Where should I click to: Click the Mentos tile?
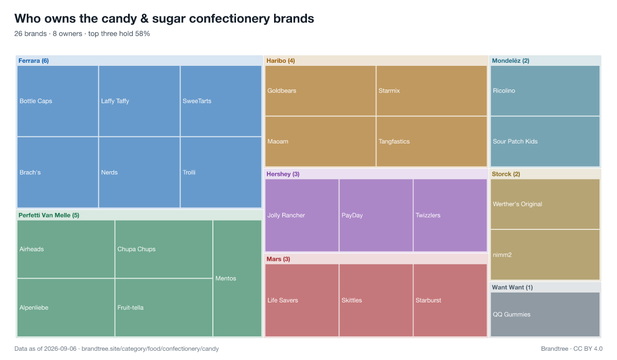(x=237, y=278)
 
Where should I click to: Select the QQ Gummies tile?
(x=545, y=314)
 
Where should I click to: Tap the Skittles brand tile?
(x=376, y=300)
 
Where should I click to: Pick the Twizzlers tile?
(x=450, y=215)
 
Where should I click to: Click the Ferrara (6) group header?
(x=33, y=61)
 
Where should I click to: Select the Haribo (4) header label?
(x=280, y=61)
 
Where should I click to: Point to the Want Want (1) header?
(x=512, y=287)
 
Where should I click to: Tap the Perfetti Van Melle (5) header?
(x=49, y=215)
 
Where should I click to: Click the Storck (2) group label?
(x=506, y=174)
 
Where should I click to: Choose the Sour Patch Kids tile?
(x=545, y=141)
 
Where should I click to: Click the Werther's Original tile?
(x=545, y=204)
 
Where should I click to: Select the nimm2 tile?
(x=545, y=255)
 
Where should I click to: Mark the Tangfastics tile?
(x=431, y=141)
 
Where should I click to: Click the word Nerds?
(x=110, y=172)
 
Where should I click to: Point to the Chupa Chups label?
(x=136, y=249)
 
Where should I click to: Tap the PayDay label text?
(x=352, y=215)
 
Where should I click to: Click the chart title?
(x=164, y=19)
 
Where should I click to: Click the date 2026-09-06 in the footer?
(x=60, y=349)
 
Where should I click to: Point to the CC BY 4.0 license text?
(x=588, y=349)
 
